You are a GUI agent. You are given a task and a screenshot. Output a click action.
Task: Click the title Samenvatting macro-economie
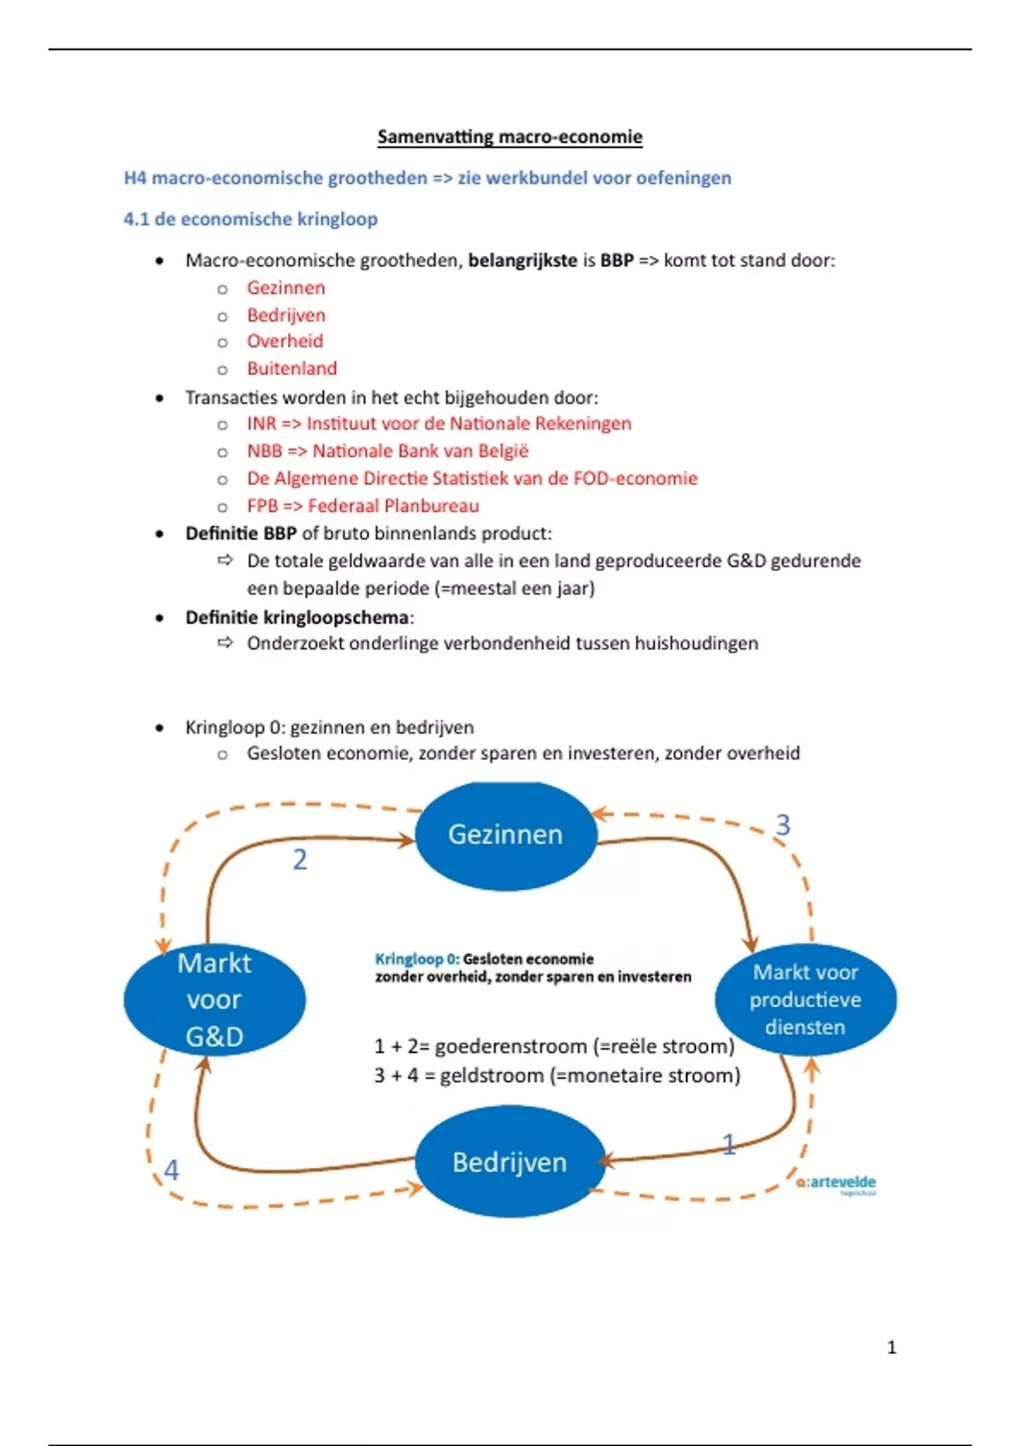click(510, 137)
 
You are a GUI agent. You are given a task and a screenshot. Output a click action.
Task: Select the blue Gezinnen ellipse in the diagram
click(505, 835)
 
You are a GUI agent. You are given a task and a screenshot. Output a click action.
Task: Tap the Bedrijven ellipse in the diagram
click(509, 1162)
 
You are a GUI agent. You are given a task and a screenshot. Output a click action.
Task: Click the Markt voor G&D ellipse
click(214, 999)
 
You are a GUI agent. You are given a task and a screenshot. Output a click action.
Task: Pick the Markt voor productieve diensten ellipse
click(805, 999)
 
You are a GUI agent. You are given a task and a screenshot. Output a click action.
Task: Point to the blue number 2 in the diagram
click(299, 860)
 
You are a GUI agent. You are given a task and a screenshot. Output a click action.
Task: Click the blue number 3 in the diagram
click(783, 824)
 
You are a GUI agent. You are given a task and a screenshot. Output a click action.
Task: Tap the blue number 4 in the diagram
click(171, 1170)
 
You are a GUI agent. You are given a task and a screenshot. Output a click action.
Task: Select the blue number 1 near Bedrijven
click(728, 1144)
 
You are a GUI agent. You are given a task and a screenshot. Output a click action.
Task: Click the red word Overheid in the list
click(285, 341)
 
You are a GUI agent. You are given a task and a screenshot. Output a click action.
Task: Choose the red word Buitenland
click(292, 368)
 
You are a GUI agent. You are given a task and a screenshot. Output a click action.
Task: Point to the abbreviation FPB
click(262, 506)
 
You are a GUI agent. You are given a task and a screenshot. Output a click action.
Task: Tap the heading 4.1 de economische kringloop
click(250, 219)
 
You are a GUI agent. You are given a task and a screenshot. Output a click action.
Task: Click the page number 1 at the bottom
click(892, 1347)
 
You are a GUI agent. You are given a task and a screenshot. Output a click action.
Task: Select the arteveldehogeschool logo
click(837, 1183)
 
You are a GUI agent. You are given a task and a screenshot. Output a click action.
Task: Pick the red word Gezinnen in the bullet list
click(286, 287)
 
